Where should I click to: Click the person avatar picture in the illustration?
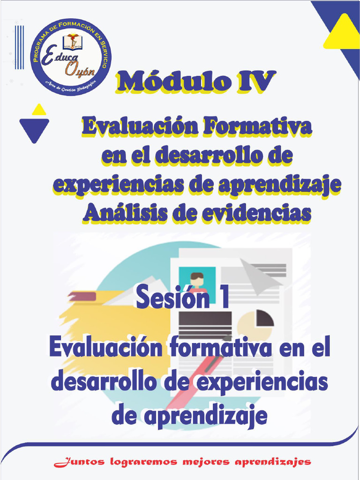[x=197, y=279]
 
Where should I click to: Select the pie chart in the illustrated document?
[x=255, y=323]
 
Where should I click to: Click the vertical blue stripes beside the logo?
[x=19, y=47]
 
